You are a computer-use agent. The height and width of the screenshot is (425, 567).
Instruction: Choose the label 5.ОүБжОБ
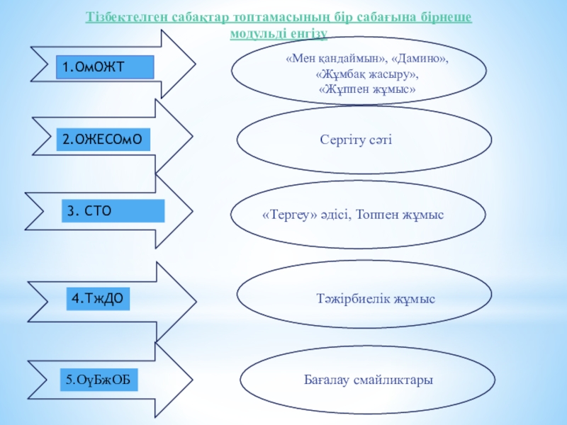99,381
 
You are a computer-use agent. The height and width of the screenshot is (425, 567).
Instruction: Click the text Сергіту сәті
356,141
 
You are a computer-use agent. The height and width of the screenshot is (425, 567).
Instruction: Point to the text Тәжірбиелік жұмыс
375,299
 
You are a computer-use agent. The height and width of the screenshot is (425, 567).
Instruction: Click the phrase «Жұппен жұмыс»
366,89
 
